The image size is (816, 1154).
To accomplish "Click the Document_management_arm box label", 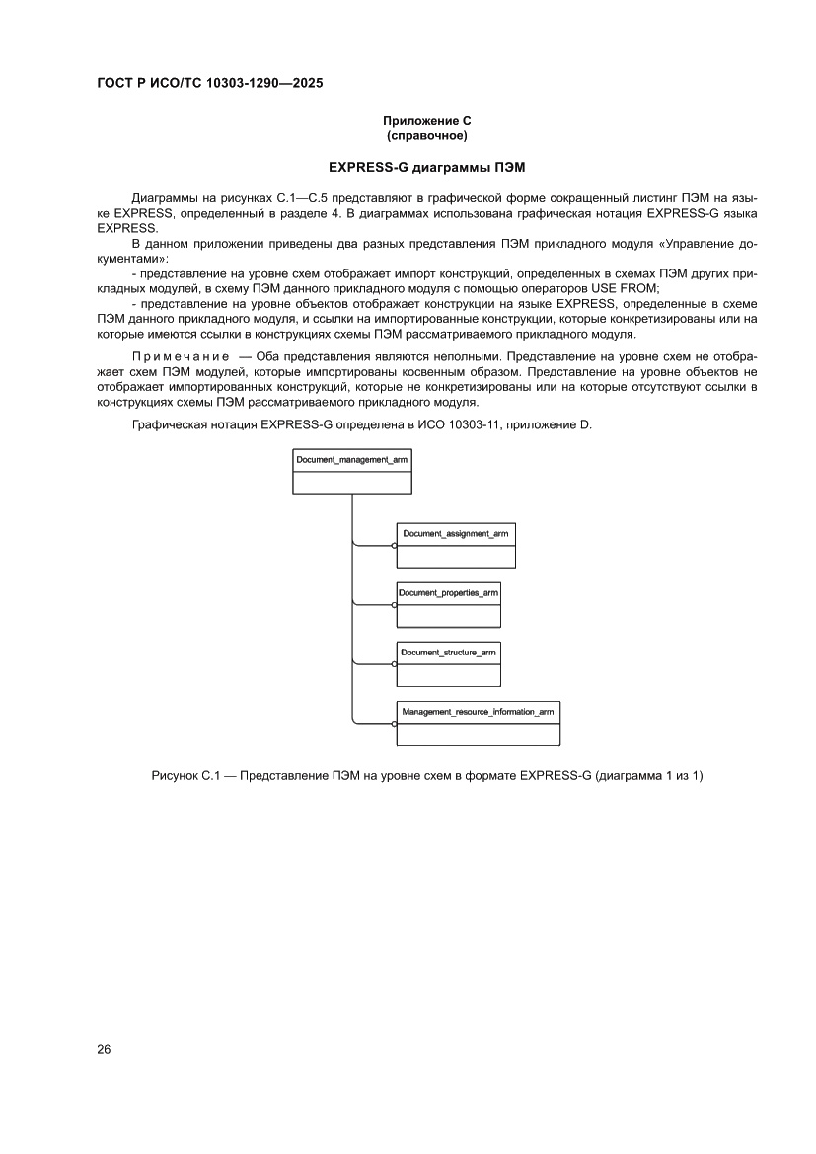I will click(351, 460).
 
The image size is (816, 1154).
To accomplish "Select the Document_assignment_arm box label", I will click(455, 533).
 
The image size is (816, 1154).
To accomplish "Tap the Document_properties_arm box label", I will click(448, 592).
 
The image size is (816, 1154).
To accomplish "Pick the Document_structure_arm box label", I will click(448, 652).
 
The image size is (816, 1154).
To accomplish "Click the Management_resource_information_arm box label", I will click(478, 711).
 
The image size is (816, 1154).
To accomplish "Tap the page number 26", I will click(104, 1049).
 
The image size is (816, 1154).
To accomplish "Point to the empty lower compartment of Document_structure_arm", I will click(448, 675).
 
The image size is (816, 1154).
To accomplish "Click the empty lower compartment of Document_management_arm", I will click(351, 482).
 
